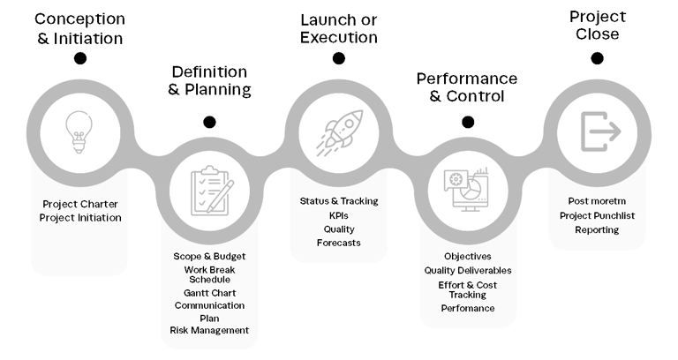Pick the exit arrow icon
[x=598, y=131]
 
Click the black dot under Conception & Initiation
[x=80, y=58]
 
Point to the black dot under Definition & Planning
[x=209, y=123]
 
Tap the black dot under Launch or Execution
[x=338, y=58]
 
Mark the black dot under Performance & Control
[x=468, y=123]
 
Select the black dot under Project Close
[x=598, y=58]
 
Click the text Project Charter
[x=80, y=204]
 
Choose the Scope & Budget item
[x=209, y=256]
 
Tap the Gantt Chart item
[x=209, y=293]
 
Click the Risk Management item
[x=209, y=330]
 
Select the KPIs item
[x=338, y=215]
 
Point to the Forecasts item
[x=338, y=243]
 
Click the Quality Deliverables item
[x=468, y=271]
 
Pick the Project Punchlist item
[x=598, y=215]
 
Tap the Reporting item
[x=598, y=229]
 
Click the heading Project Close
[x=598, y=25]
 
